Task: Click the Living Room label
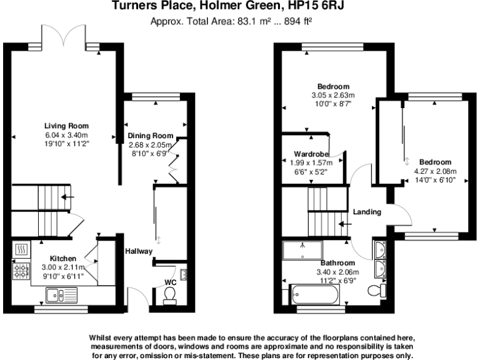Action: point(66,125)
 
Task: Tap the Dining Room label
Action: point(150,136)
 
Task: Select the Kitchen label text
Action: point(63,258)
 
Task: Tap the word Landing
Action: point(367,212)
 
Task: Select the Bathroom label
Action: point(337,262)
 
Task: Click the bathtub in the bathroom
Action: point(316,293)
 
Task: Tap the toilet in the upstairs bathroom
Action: point(376,291)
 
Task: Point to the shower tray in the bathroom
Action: point(303,249)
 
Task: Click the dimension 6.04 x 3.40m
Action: point(66,135)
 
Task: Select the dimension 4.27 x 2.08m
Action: point(436,171)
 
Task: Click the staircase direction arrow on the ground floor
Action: point(67,198)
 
